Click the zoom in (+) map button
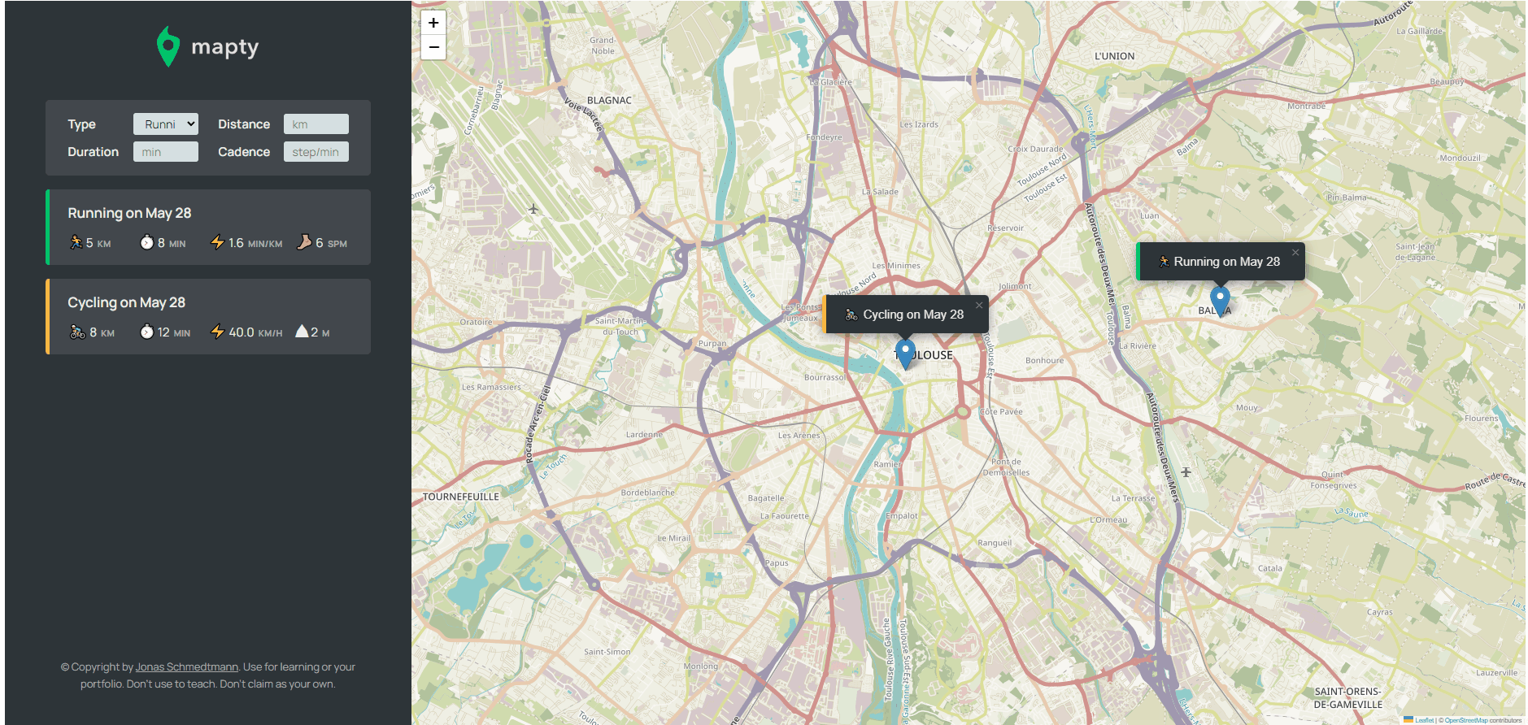[x=433, y=23]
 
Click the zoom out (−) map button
[x=433, y=47]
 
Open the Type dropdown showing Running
[x=165, y=124]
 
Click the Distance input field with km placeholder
[x=316, y=124]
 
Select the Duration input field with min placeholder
[x=165, y=152]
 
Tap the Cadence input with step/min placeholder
[x=316, y=152]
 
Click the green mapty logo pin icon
[x=168, y=46]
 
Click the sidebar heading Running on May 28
[x=129, y=213]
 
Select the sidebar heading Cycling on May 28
[x=126, y=302]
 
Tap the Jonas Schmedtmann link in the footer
[x=186, y=667]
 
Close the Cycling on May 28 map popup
[x=979, y=306]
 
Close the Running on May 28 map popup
[x=1295, y=253]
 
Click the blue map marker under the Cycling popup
[x=905, y=353]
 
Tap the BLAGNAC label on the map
[x=609, y=101]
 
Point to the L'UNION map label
[x=1114, y=56]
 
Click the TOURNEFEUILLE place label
[x=461, y=497]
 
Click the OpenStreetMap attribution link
[x=1465, y=720]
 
